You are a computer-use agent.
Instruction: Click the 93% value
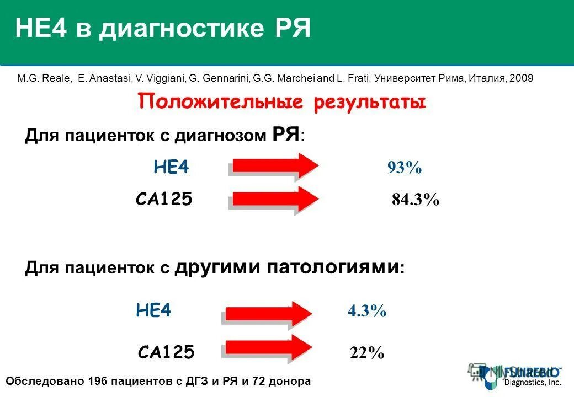[x=404, y=168]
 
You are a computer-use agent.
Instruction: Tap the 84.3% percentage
[x=416, y=200]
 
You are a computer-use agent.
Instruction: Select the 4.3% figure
[x=367, y=312]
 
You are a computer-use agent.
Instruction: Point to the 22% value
[x=367, y=352]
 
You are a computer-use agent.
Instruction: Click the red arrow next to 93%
[x=274, y=166]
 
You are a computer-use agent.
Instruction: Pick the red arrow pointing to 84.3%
[x=274, y=200]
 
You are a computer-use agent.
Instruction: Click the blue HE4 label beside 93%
[x=171, y=168]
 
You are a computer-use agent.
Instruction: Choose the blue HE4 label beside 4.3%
[x=153, y=312]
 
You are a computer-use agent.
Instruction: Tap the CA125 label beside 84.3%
[x=164, y=200]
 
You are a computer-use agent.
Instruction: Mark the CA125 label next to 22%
[x=166, y=351]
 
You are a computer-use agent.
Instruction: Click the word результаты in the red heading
[x=370, y=103]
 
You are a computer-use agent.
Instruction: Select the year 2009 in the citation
[x=522, y=78]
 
